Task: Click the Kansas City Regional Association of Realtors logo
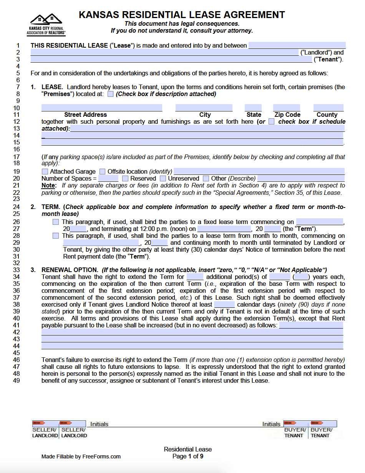click(46, 24)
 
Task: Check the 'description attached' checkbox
click(111, 94)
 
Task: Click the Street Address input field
click(101, 108)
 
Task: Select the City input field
click(204, 108)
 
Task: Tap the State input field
click(253, 108)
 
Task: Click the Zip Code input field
click(287, 108)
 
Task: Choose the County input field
click(328, 108)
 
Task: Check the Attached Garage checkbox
click(45, 172)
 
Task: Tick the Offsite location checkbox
click(103, 172)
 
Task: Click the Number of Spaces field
click(108, 179)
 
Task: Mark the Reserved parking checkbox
click(125, 179)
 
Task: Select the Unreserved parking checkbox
click(163, 179)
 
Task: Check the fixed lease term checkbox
click(56, 222)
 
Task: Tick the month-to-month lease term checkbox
click(56, 236)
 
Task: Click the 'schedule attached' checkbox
click(272, 122)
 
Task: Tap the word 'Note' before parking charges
click(48, 186)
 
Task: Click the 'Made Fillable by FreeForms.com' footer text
click(81, 456)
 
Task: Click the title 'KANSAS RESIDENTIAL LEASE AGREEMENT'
click(182, 15)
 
